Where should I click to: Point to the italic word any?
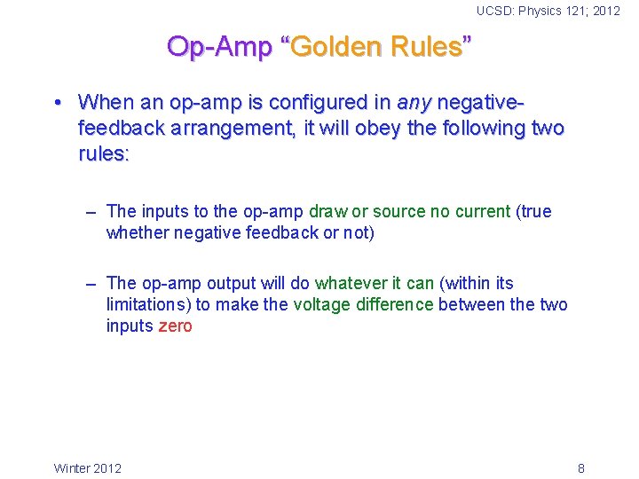[414, 102]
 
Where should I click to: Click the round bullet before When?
[58, 102]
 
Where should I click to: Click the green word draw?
[327, 211]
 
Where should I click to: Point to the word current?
[482, 211]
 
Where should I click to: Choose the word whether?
[134, 233]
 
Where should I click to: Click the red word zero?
[175, 326]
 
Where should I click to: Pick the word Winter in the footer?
[72, 468]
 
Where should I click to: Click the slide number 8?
[580, 468]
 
